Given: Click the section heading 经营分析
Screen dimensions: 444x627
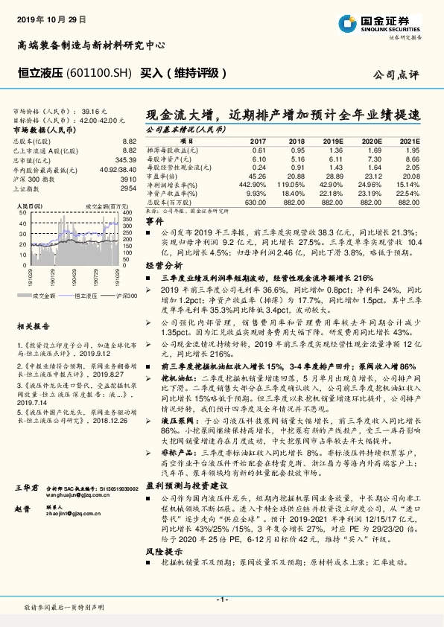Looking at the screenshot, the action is [x=163, y=264].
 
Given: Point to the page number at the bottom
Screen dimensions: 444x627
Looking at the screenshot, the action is [x=221, y=599].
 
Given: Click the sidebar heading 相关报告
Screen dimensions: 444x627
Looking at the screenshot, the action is [x=34, y=326].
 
